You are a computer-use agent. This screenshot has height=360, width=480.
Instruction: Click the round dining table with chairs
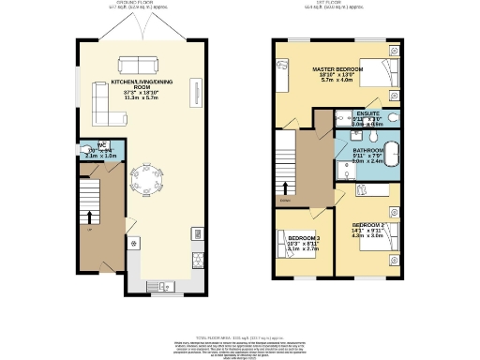click(x=146, y=177)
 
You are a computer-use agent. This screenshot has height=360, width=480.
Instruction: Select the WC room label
click(x=102, y=144)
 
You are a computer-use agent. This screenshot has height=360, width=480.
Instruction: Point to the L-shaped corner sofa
click(x=106, y=103)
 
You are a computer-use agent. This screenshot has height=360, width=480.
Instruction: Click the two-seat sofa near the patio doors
click(x=138, y=65)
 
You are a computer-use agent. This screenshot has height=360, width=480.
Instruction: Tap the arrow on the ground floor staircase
click(x=90, y=218)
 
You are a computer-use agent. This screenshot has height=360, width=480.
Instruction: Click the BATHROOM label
click(x=368, y=150)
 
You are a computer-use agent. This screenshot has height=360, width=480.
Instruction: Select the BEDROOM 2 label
click(x=367, y=226)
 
